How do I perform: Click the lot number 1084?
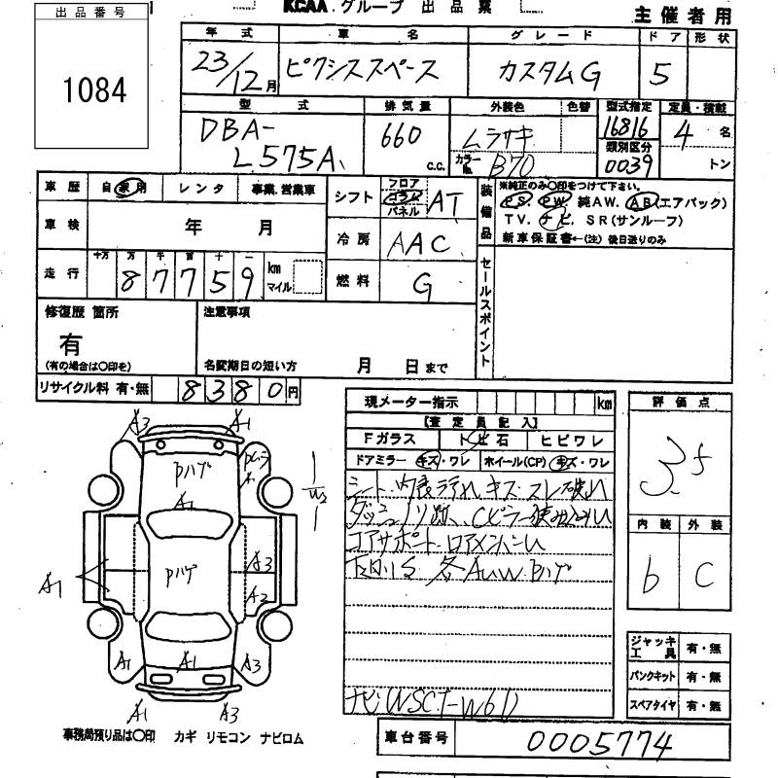[95, 90]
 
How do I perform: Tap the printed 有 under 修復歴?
[71, 343]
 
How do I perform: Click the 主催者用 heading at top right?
[694, 15]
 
